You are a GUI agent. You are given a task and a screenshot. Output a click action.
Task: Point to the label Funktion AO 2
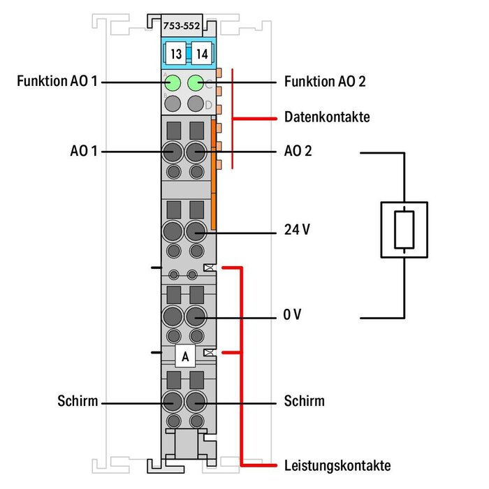coord(325,82)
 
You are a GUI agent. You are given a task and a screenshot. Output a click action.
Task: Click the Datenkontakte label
coord(327,117)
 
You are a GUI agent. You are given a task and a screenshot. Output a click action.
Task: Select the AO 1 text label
coord(83,150)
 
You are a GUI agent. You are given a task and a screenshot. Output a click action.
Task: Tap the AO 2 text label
coord(298,150)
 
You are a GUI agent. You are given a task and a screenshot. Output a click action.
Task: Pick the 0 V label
coord(293,316)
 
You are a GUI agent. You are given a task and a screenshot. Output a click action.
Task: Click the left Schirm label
coord(78,401)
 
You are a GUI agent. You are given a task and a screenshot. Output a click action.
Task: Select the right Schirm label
coord(305,401)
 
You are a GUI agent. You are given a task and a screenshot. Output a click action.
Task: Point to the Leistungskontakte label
coord(337,465)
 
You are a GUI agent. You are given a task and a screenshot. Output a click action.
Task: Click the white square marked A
coord(185,356)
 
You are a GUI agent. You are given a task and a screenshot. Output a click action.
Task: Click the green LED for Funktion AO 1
coord(173,84)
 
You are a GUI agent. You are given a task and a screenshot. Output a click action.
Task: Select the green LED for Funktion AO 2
coord(197,83)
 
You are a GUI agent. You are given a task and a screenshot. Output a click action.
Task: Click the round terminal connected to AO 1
coord(172,150)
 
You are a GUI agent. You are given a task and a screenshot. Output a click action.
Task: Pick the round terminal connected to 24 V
coord(197,230)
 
